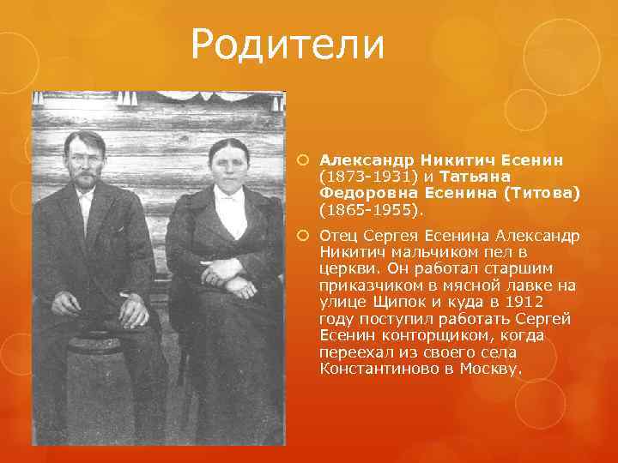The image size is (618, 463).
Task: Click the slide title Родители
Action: [x=288, y=44]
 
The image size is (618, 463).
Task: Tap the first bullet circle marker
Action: [x=306, y=160]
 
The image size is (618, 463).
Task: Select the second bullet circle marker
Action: [x=306, y=236]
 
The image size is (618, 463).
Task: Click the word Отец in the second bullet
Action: [x=342, y=236]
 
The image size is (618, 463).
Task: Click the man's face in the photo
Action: [x=86, y=159]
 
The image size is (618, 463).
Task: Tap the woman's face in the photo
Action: [x=228, y=166]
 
